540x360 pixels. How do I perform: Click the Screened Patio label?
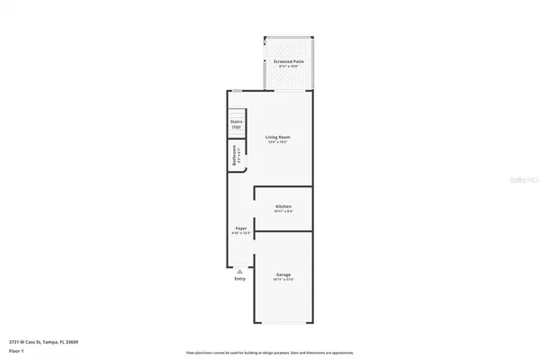288,60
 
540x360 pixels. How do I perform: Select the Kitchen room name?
283,206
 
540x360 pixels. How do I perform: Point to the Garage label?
283,274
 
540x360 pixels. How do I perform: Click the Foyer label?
241,229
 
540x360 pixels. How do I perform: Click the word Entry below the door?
239,279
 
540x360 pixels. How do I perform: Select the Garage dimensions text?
283,279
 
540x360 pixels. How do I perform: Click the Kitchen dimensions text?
283,211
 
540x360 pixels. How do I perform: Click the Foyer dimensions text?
241,234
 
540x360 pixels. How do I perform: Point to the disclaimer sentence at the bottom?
270,353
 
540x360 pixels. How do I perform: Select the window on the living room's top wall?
236,90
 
